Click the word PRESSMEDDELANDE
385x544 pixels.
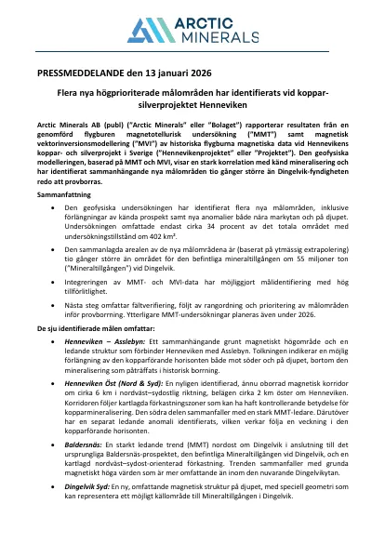point(84,72)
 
